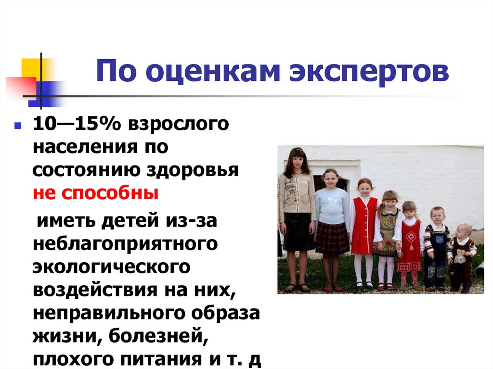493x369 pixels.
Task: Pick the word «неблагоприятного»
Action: coord(125,243)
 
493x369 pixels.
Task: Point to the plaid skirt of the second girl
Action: coord(332,238)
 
